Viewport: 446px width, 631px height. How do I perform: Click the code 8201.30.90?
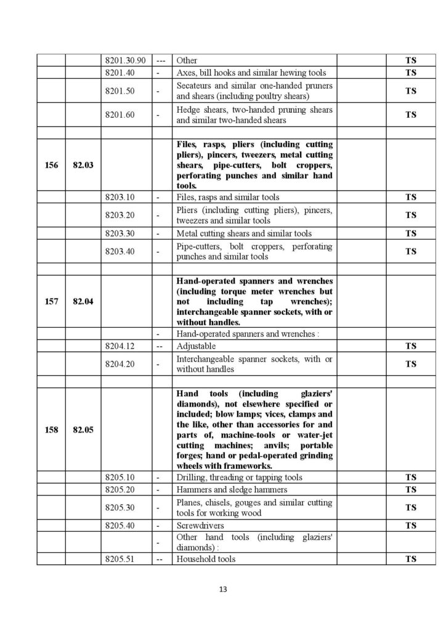(126, 61)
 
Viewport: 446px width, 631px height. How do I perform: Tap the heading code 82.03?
(83, 166)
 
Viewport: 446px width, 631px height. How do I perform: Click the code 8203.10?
(120, 197)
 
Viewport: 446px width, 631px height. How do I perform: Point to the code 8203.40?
(120, 251)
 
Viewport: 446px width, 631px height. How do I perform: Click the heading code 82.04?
(83, 302)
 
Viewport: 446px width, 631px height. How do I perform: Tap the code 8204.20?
(120, 364)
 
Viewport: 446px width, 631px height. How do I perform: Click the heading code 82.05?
(83, 429)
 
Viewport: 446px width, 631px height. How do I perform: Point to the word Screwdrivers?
(200, 526)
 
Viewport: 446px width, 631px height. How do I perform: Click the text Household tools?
(206, 559)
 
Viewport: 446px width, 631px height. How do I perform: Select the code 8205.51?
(120, 559)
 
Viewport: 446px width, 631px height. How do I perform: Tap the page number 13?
(223, 590)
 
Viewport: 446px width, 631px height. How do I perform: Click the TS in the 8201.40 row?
(410, 72)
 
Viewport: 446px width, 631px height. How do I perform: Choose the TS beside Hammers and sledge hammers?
(410, 489)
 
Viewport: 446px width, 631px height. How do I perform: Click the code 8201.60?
(120, 115)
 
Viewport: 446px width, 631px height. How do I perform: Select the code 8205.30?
(120, 508)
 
